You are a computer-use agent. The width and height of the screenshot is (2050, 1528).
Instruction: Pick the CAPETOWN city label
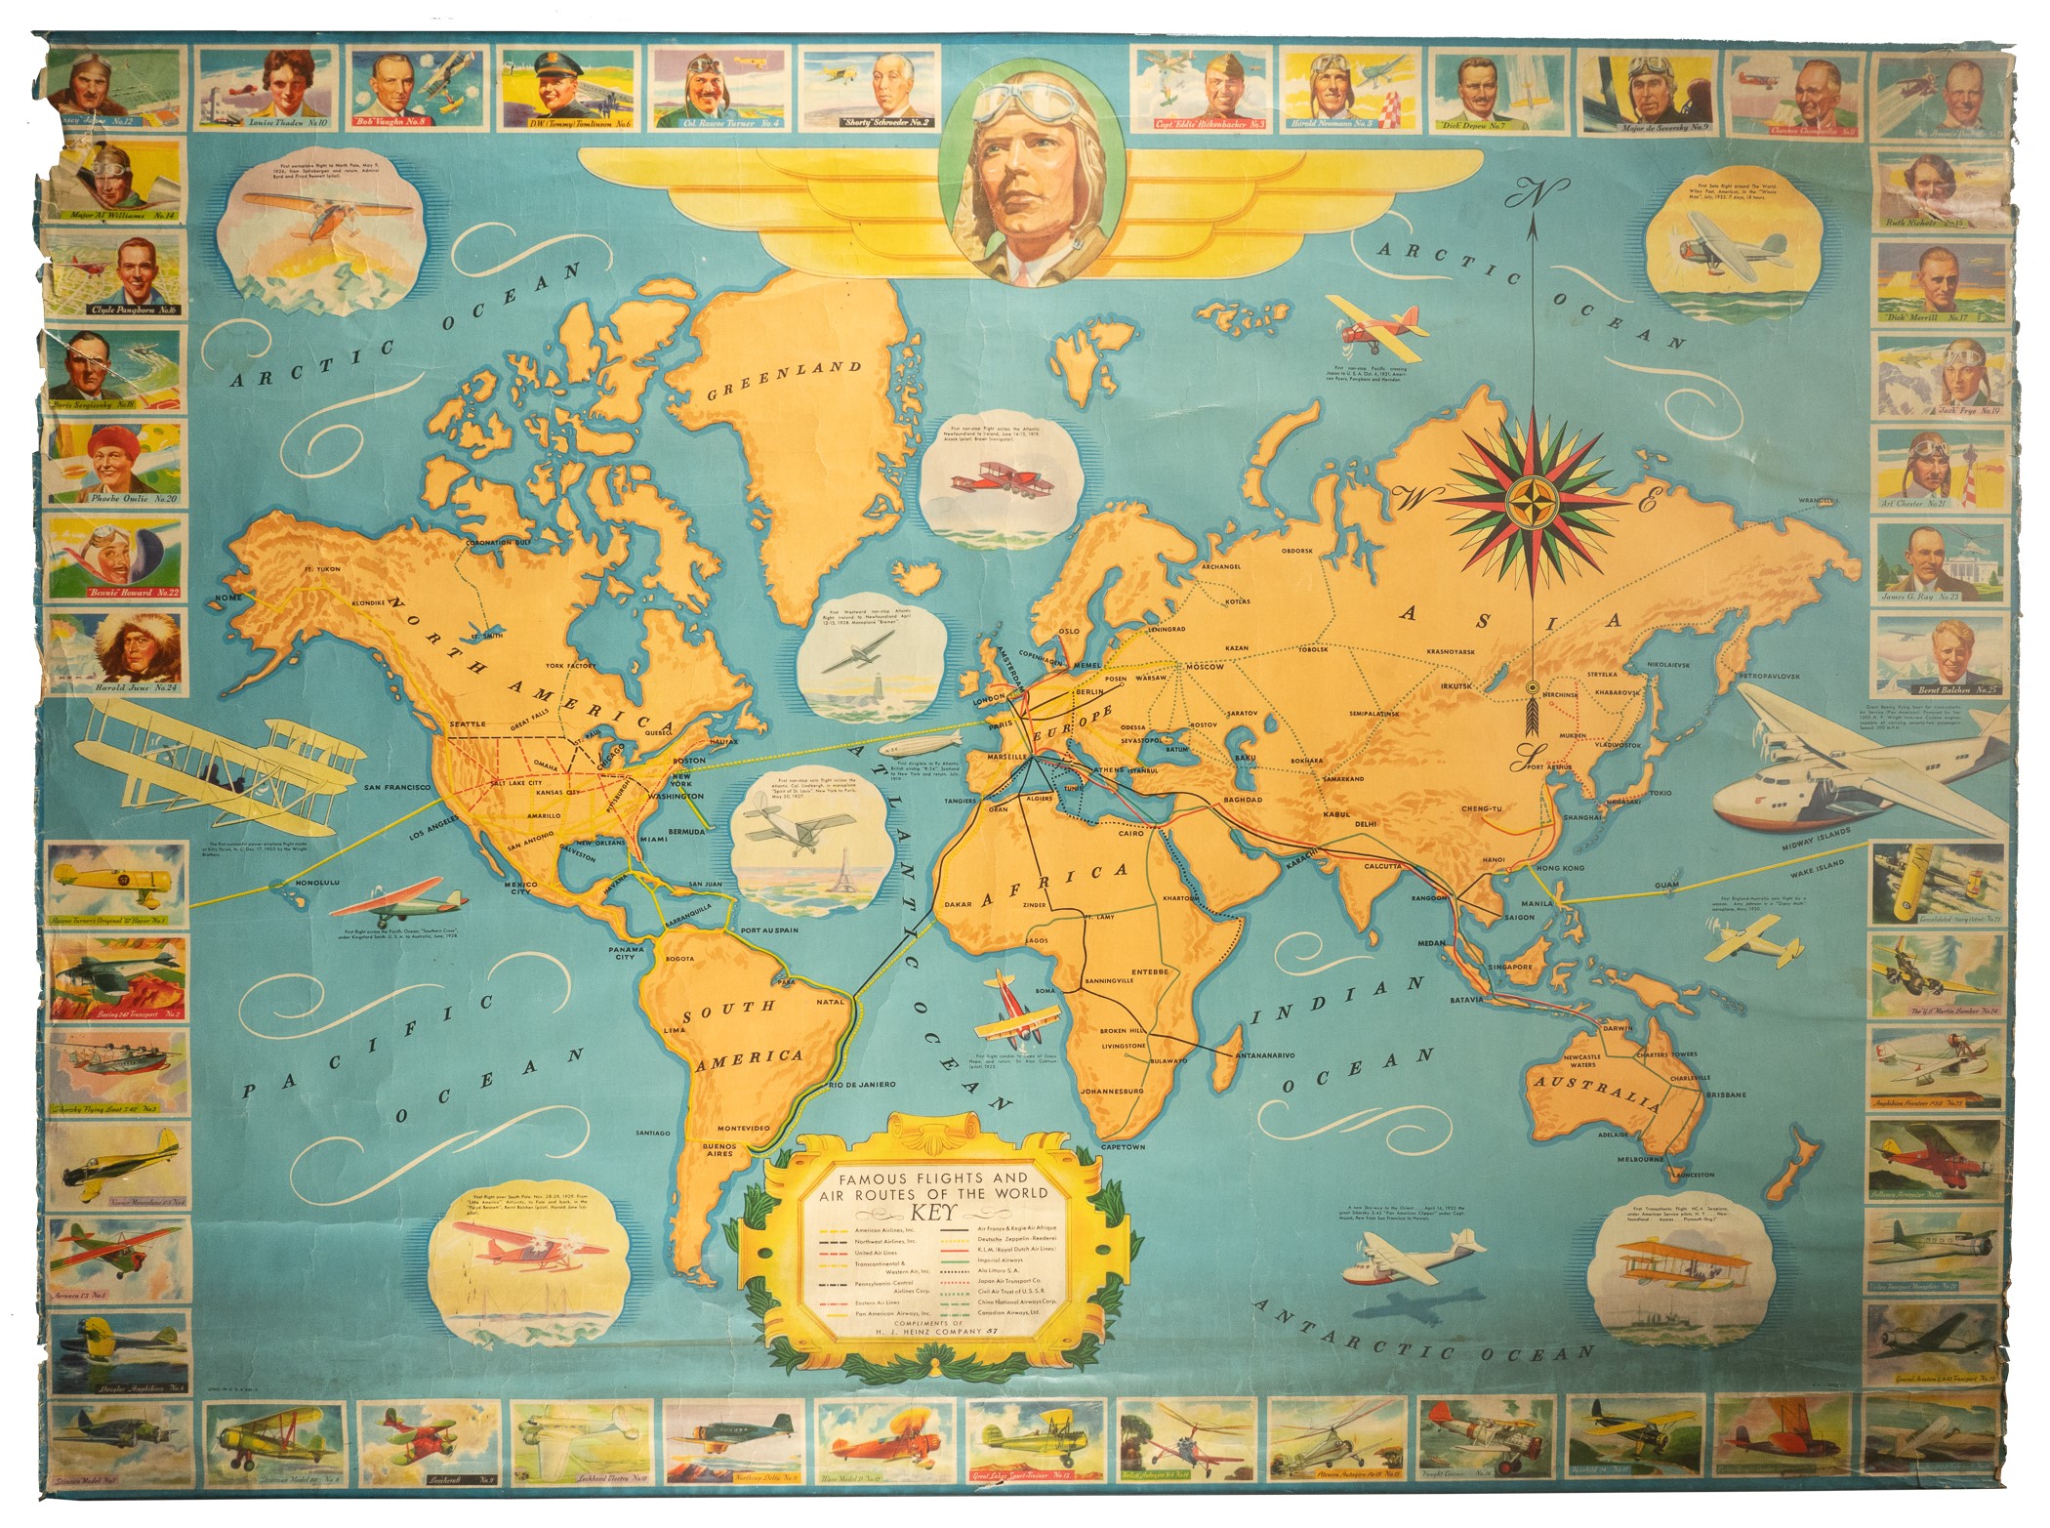click(1123, 1146)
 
